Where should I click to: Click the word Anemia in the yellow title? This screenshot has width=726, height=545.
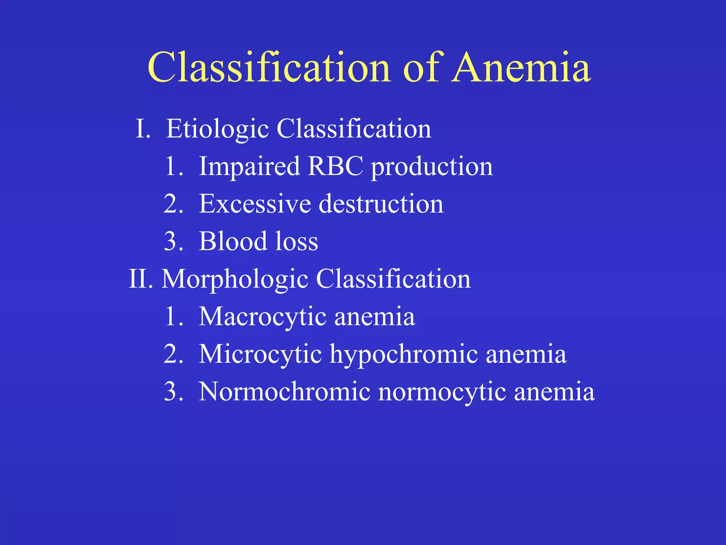click(x=521, y=67)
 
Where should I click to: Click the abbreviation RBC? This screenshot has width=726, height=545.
click(x=335, y=166)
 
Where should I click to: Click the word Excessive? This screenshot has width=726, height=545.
click(x=255, y=204)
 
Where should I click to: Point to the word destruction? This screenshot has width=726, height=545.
click(x=381, y=204)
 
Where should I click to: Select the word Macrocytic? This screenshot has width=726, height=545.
click(x=263, y=317)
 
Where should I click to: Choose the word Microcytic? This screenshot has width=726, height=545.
click(x=260, y=354)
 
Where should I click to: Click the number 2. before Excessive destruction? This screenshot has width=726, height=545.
click(x=173, y=204)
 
